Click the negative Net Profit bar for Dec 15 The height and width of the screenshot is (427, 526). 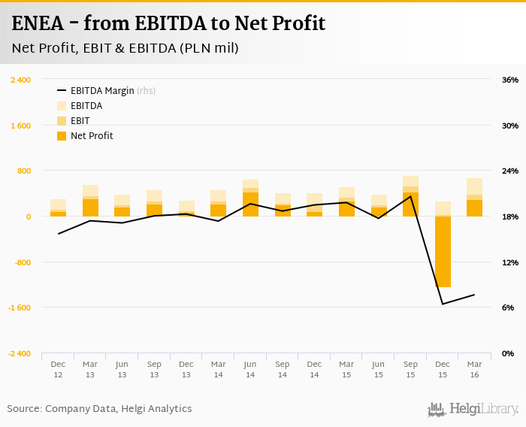[443, 252]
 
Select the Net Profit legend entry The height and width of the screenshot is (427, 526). [92, 136]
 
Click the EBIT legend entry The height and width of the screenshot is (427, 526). [80, 121]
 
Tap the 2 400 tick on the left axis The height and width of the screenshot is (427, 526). [20, 80]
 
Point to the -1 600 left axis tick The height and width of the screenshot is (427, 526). [19, 308]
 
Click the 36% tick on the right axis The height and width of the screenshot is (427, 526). [510, 80]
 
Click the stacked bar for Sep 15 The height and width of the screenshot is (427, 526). [410, 197]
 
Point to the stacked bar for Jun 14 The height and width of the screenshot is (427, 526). [250, 198]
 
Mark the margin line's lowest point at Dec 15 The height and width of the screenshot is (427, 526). [443, 304]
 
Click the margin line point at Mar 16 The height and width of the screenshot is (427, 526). [474, 295]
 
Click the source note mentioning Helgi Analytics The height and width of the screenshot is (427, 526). [99, 409]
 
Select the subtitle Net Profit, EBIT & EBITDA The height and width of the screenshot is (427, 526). [125, 49]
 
